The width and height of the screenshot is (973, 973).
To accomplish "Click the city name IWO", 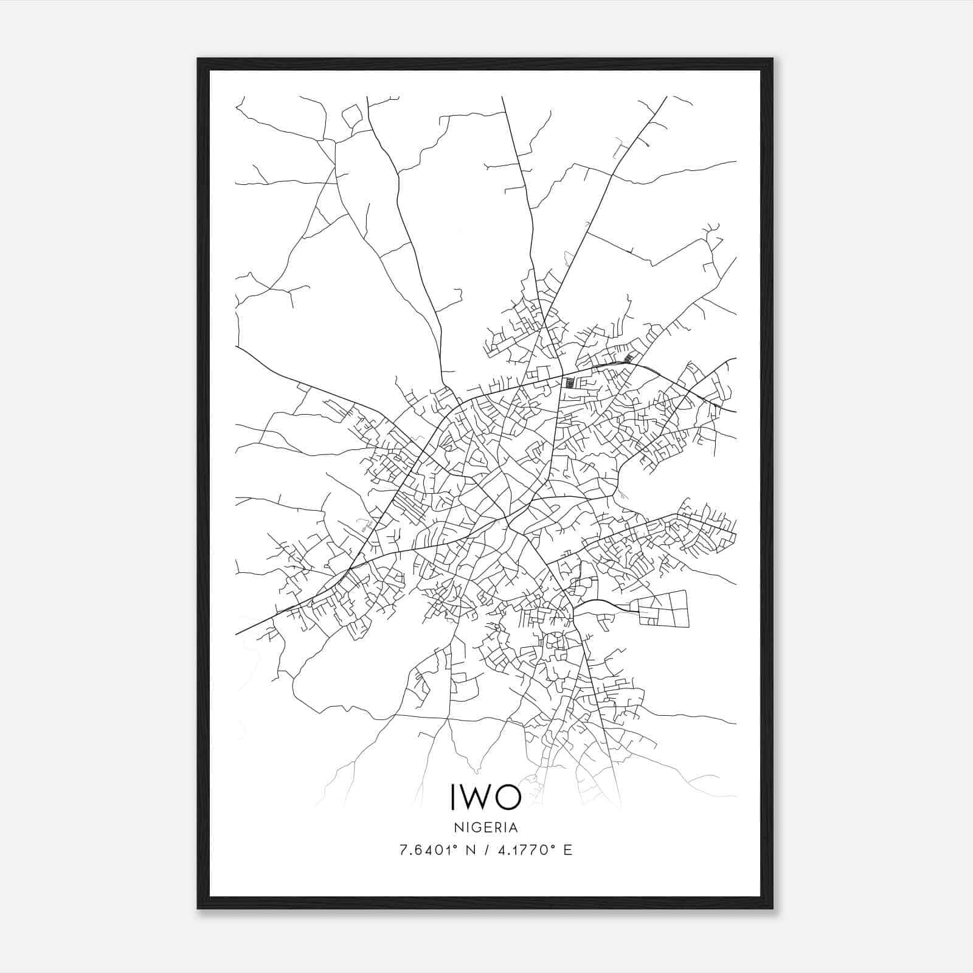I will click(x=486, y=797).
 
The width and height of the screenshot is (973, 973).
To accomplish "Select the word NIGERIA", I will click(x=486, y=828).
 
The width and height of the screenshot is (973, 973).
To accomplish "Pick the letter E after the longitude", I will click(x=567, y=850).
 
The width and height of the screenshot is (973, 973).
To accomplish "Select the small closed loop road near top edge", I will click(x=351, y=116).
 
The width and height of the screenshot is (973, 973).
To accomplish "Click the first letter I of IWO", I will click(x=454, y=797).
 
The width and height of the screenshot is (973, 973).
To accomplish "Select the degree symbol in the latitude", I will click(x=451, y=846).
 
